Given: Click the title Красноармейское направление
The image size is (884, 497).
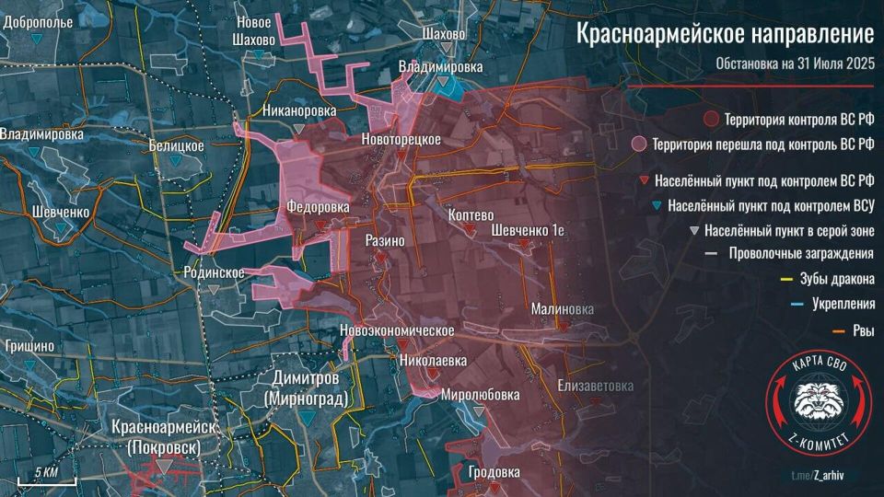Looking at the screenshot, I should coord(725,35).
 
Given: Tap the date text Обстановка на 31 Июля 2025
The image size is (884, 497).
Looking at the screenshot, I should coord(794,64).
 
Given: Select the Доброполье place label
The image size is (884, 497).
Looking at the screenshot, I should coord(38,21).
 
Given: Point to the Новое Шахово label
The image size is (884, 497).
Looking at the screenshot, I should coord(254,31).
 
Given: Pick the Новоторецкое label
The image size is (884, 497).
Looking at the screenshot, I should coord(401,139).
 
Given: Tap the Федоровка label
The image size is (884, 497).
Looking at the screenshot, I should coord(318,208).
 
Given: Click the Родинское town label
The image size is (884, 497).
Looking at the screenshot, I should coord(214,272).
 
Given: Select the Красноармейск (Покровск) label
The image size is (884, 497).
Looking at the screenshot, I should coord(164,435).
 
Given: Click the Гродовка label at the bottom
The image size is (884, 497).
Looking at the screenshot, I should coord(494,472).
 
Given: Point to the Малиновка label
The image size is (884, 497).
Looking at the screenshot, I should coord(563,309).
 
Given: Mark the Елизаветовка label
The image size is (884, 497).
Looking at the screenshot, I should coord(596,386).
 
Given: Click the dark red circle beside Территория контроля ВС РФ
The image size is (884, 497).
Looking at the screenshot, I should coord(711,120).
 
